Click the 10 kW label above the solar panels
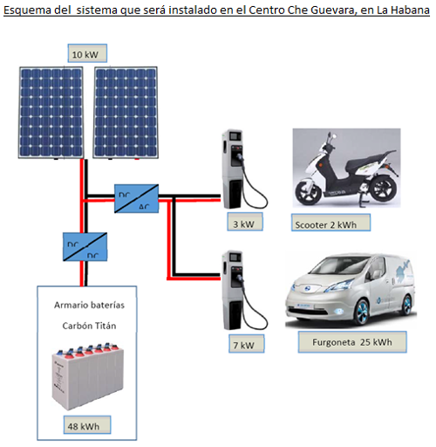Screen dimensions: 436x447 87,53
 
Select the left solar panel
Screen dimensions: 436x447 51,113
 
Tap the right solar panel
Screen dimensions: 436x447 126,113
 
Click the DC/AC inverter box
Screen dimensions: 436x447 136,198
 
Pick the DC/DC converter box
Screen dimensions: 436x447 85,247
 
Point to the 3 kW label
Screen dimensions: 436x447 245,222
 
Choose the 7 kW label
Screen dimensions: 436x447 247,344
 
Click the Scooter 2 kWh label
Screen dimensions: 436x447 330,223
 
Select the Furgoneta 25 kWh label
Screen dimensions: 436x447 352,342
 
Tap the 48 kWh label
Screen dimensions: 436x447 87,425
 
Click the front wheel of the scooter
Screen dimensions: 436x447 309,192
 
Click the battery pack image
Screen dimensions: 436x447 88,376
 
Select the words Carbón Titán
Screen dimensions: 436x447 89,326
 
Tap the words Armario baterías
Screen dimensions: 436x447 89,305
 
